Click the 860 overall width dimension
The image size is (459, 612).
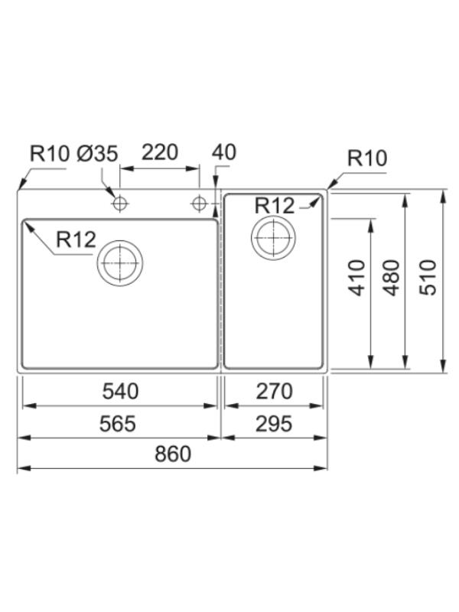[173, 454]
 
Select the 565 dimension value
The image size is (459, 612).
[118, 424]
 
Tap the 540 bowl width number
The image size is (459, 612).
[120, 392]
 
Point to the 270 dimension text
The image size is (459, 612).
[274, 392]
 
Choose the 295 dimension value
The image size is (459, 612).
[274, 424]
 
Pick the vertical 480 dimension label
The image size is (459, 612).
[392, 278]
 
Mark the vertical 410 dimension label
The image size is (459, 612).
[356, 278]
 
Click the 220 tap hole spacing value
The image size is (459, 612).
[160, 152]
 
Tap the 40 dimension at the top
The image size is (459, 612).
[224, 152]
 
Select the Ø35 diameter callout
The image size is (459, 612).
[97, 154]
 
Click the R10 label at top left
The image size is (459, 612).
[50, 154]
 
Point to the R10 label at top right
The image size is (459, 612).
[367, 158]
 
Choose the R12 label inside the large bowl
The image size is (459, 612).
[76, 239]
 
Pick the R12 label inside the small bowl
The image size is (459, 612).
[275, 205]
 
